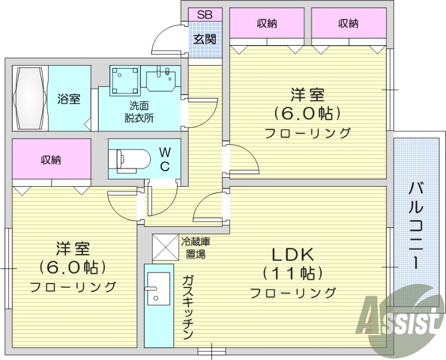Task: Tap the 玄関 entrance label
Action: [205, 40]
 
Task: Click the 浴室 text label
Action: [69, 99]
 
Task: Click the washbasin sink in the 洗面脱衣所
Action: [162, 79]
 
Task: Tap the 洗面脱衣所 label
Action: [139, 111]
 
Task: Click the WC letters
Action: [166, 159]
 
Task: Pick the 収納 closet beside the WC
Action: [51, 160]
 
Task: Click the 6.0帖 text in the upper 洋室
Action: [307, 113]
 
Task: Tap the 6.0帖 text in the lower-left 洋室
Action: [72, 267]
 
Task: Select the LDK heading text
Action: [293, 255]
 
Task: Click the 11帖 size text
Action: [293, 273]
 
